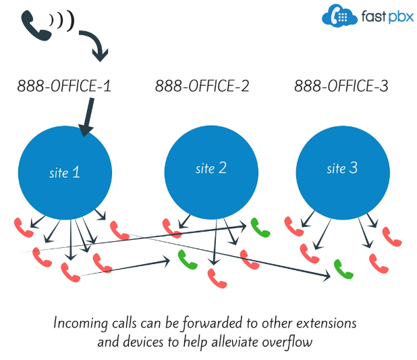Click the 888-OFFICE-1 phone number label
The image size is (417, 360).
[x=64, y=86]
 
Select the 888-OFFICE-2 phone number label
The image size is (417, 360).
[x=202, y=86]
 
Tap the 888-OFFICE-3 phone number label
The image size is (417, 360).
[x=341, y=86]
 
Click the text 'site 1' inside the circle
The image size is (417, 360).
[x=65, y=172]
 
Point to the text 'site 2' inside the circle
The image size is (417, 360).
[x=211, y=168]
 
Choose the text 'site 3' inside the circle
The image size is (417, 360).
[x=342, y=168]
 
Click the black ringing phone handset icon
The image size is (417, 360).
[x=36, y=26]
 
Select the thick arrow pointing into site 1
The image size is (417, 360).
[x=87, y=117]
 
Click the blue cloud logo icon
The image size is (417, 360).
[x=339, y=16]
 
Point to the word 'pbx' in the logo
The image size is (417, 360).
[x=401, y=17]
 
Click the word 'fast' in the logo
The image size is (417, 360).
[x=374, y=16]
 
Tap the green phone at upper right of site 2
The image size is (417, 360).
[x=260, y=228]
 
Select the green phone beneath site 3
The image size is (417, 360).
[x=343, y=269]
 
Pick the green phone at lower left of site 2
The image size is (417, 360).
[x=188, y=259]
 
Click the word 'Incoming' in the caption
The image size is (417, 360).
[x=80, y=324]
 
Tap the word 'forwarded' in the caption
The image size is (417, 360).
[x=213, y=324]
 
